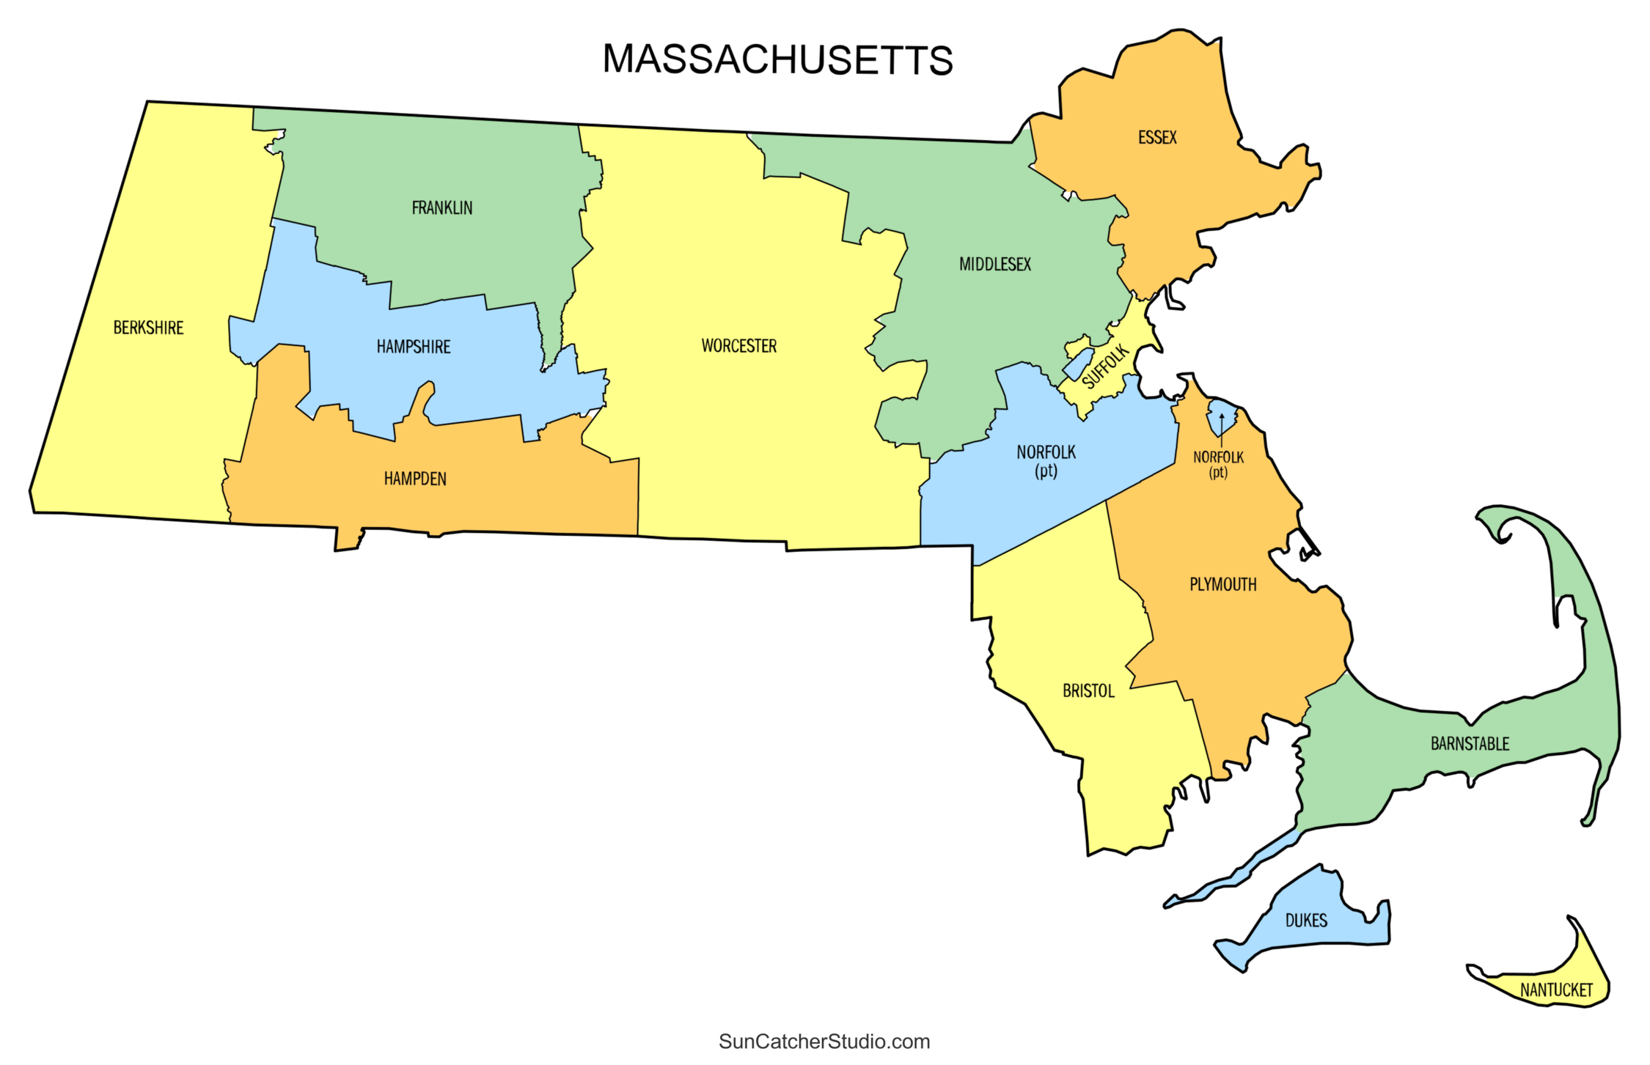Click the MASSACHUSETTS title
777,59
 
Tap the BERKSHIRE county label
148,328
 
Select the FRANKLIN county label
441,208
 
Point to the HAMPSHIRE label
414,347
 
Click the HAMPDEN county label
415,479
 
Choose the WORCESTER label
738,346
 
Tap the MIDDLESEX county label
994,265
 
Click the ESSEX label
1157,138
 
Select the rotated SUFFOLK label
1105,366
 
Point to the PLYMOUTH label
1222,585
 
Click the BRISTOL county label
1088,691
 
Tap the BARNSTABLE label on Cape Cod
1470,744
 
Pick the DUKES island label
1306,921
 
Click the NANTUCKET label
1556,990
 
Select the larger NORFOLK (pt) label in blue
1046,460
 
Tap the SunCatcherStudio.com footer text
824,1042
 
